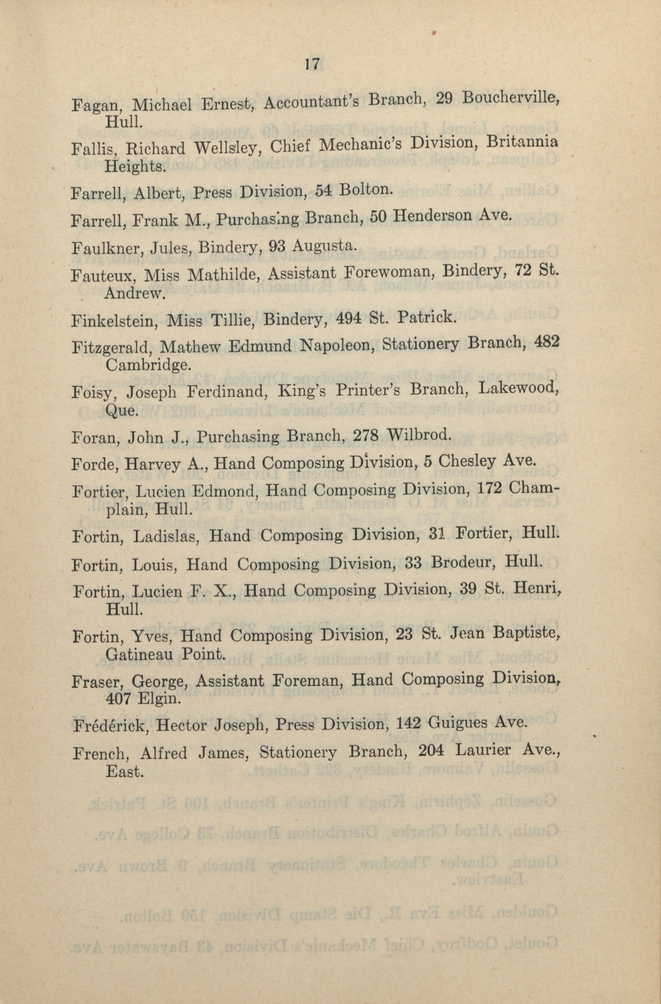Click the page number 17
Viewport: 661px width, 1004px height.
coord(313,64)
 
